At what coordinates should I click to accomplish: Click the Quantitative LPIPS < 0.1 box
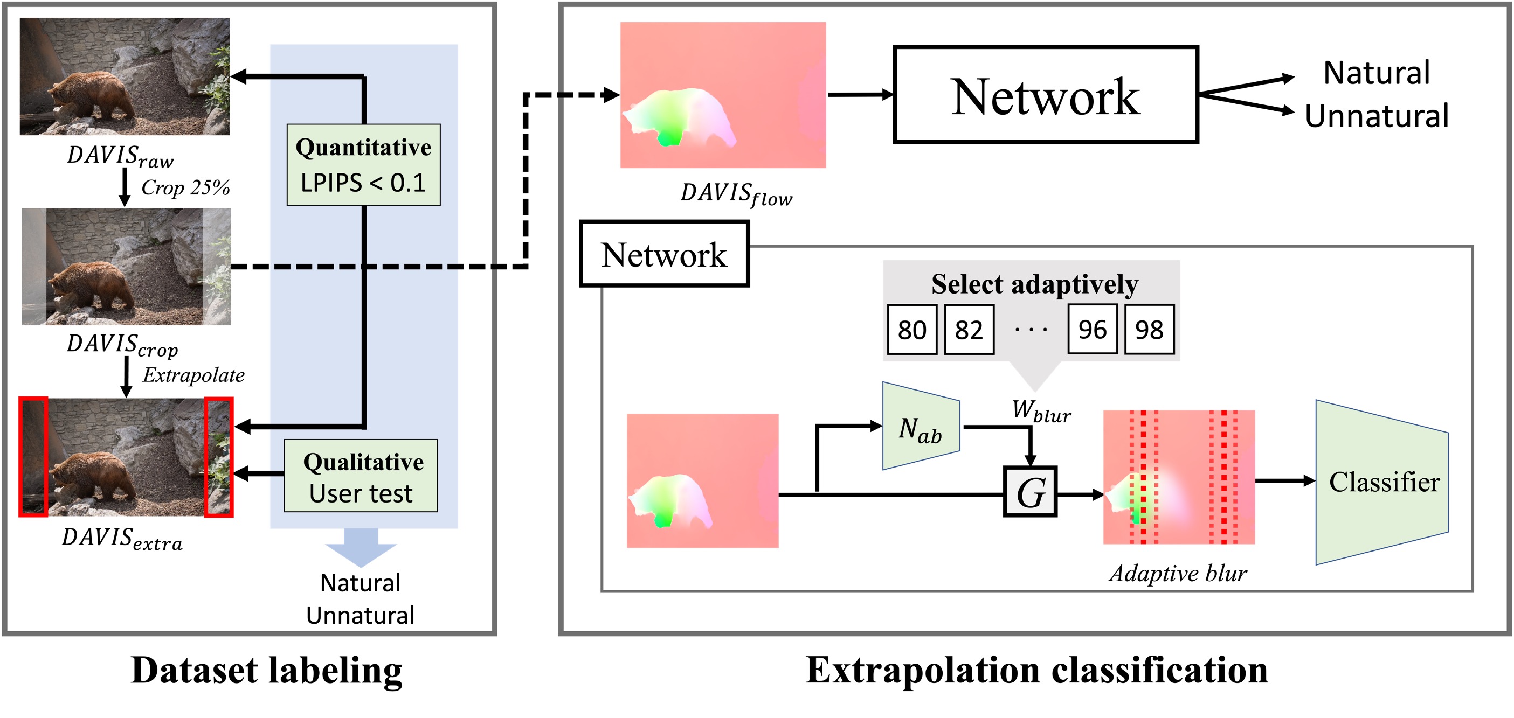pos(363,164)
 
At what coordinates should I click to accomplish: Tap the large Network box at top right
pos(1045,95)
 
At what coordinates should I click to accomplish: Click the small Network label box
pos(664,254)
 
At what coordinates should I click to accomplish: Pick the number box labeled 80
pos(911,330)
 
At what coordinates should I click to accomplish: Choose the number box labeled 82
pos(969,330)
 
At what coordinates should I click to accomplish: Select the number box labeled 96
pos(1092,329)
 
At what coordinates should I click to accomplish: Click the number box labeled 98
pos(1149,330)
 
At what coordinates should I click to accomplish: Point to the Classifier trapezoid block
pos(1382,482)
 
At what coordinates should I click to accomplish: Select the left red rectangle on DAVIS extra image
pos(33,457)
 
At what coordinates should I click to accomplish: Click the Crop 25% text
pos(185,187)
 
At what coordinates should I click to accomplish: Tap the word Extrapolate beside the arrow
pos(193,375)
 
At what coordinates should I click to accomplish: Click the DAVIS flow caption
pos(736,194)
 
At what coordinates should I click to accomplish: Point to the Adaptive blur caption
pos(1178,573)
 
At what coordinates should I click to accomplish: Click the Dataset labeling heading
pos(266,670)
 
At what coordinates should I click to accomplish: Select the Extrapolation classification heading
pos(1036,670)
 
